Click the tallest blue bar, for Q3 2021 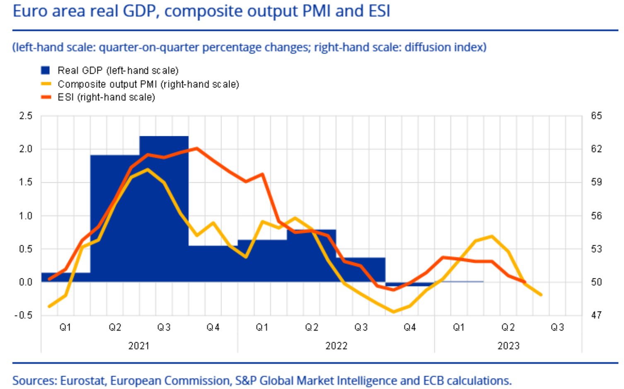164,207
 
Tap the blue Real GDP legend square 45,70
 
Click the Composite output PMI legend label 148,84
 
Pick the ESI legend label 106,97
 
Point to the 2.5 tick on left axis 25,116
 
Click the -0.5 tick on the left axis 23,315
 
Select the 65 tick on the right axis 596,116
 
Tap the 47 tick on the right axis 596,315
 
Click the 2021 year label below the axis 139,346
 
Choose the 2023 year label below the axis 508,346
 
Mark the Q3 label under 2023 557,327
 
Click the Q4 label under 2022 410,327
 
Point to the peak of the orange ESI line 197,148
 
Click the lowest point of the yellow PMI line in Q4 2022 394,312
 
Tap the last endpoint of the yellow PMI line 541,295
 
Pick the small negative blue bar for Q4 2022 410,284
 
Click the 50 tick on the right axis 596,282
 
